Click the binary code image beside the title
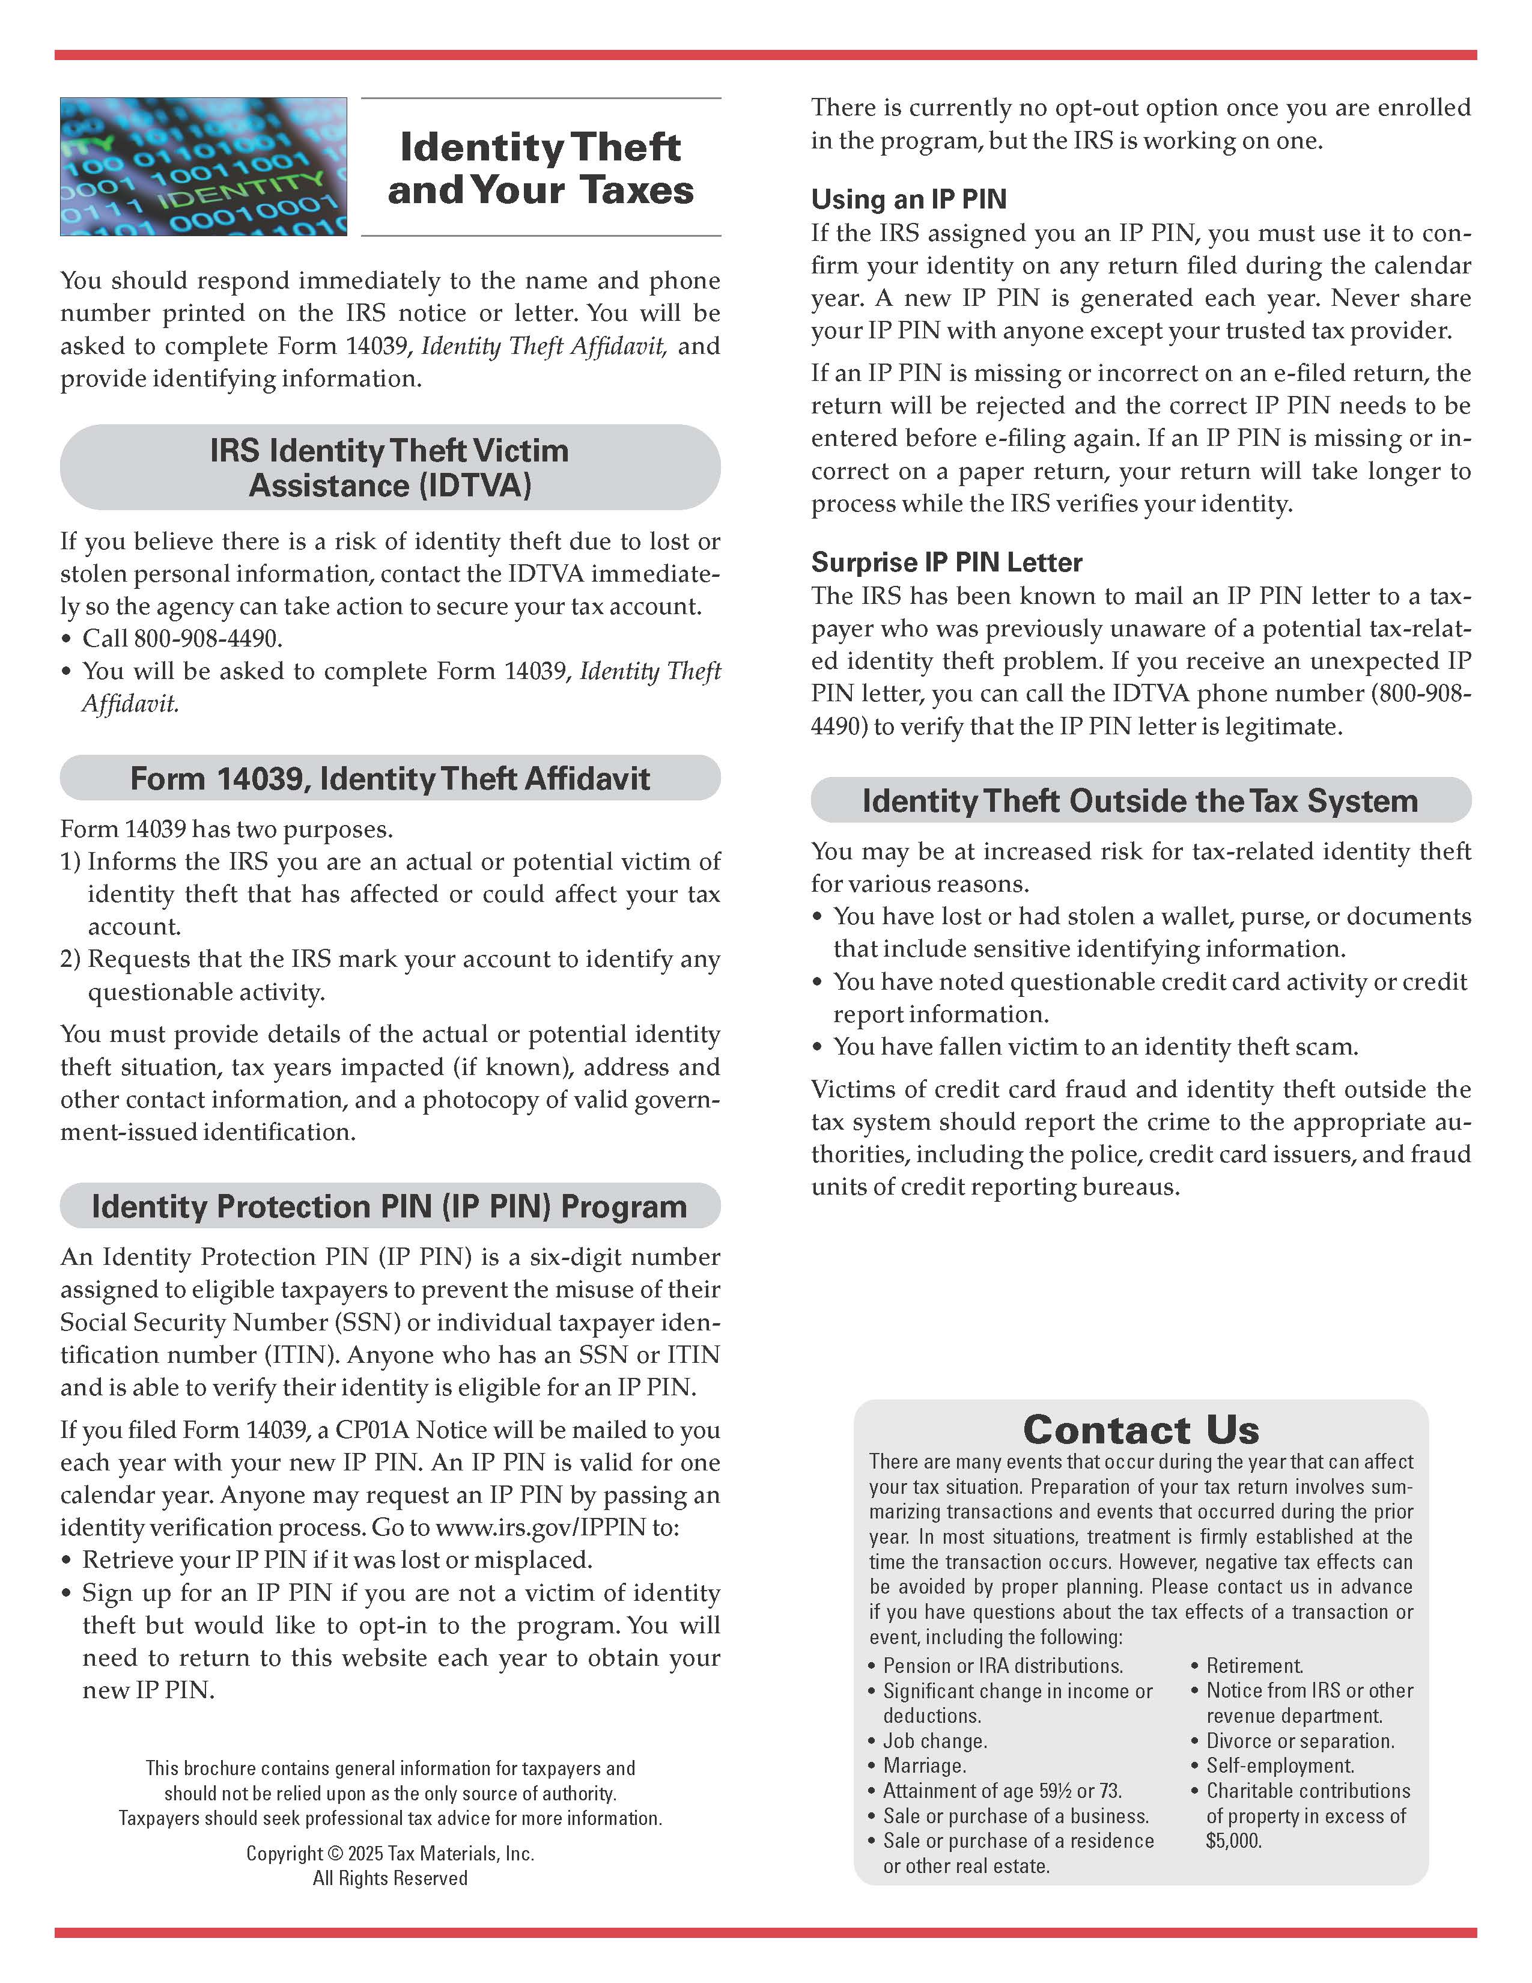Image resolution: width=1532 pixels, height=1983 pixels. coord(203,166)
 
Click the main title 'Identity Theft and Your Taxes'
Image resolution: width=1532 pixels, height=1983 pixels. coord(540,168)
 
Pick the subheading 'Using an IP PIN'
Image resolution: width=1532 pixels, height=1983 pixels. coord(908,199)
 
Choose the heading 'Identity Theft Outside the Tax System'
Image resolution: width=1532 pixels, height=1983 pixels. coord(1140,801)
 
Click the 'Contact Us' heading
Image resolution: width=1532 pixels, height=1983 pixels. coord(1141,1430)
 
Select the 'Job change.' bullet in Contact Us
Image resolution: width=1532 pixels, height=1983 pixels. coord(935,1741)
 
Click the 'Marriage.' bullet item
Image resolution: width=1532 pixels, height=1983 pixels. coord(925,1766)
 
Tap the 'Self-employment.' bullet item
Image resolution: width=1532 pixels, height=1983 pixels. coord(1280,1766)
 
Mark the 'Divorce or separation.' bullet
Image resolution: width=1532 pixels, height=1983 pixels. coord(1299,1741)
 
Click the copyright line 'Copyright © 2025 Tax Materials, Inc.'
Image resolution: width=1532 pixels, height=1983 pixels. coord(391,1853)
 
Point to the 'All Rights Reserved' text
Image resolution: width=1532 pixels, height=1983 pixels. coord(391,1878)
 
